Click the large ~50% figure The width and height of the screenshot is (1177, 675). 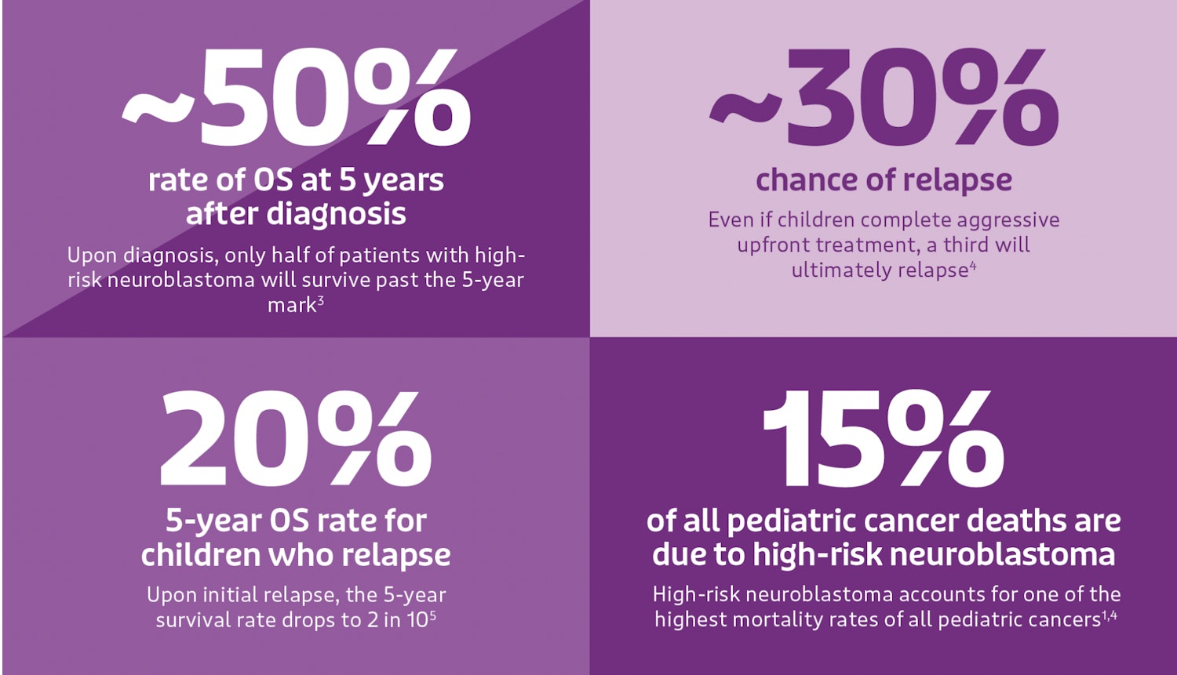tap(297, 98)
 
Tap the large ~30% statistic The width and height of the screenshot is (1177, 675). tap(884, 98)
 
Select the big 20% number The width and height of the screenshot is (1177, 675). tap(296, 439)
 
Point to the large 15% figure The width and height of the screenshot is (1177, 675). tap(884, 439)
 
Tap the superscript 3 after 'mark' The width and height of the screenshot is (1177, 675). tap(321, 300)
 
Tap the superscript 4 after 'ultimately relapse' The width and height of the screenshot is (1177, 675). tap(972, 266)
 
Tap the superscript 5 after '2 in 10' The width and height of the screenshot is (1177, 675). tap(432, 615)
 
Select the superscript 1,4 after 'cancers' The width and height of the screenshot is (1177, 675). tap(1109, 615)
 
